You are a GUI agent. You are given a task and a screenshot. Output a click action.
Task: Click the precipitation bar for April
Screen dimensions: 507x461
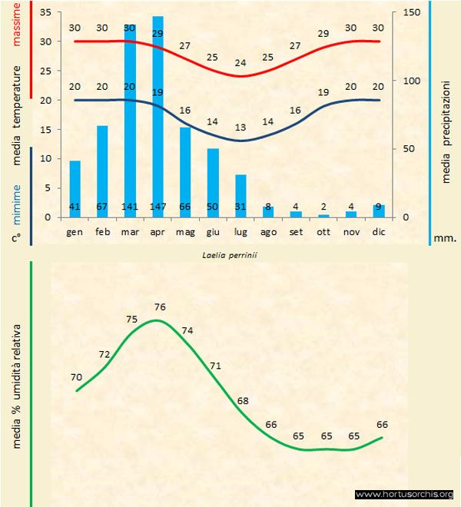158,115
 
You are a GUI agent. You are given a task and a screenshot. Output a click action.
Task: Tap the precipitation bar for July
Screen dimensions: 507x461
240,195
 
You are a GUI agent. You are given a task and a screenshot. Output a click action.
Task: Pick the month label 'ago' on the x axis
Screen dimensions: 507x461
268,231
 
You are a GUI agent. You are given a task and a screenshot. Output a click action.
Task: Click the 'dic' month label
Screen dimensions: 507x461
379,231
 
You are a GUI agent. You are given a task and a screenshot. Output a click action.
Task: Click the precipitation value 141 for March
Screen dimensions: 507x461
130,207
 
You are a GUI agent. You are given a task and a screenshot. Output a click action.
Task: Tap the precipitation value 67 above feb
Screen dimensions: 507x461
102,207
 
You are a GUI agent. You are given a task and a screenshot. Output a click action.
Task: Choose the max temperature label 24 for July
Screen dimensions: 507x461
240,63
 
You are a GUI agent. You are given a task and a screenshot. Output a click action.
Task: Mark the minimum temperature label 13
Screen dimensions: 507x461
240,128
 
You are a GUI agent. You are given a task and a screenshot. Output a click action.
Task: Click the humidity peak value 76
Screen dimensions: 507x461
159,307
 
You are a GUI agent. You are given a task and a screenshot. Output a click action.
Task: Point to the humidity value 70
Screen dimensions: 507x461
76,377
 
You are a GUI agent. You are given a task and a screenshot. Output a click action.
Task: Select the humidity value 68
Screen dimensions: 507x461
243,401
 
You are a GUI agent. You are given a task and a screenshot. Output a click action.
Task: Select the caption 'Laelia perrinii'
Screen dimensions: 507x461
228,254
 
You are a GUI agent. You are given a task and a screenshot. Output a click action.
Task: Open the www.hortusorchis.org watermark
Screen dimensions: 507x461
405,495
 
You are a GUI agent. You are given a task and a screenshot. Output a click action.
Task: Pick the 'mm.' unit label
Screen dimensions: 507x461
445,238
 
